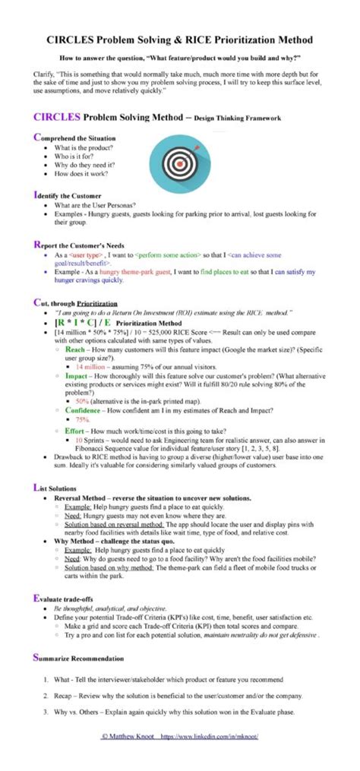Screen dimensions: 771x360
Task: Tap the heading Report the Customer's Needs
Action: pos(80,245)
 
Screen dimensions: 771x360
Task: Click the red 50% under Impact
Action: pos(81,399)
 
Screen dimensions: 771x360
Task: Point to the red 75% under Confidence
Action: pos(81,419)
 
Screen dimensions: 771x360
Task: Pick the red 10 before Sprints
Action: pos(78,440)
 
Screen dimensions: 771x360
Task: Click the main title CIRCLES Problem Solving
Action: pos(180,39)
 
